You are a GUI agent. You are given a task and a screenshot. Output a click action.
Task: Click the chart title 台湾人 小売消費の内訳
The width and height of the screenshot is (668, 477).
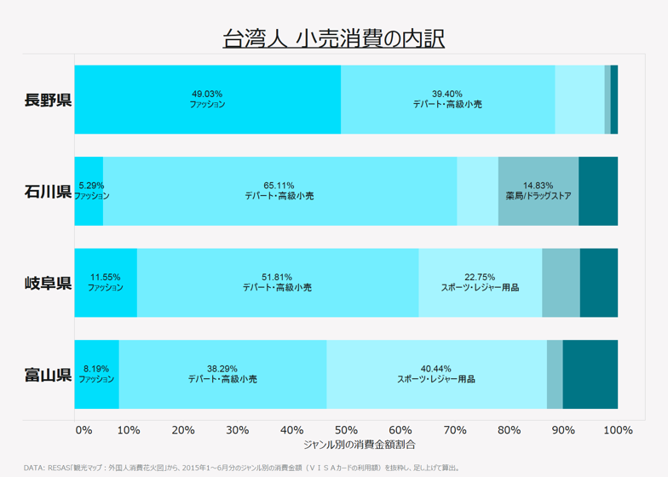[x=333, y=38]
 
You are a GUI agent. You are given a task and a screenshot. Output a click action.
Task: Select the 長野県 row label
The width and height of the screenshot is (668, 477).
[x=48, y=100]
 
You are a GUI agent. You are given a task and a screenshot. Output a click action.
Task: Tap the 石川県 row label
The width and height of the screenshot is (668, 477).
[x=48, y=191]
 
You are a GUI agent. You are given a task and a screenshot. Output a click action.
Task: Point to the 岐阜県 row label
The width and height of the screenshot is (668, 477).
[x=48, y=282]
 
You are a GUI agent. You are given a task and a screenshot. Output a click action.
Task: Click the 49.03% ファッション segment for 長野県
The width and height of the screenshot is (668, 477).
[x=208, y=100]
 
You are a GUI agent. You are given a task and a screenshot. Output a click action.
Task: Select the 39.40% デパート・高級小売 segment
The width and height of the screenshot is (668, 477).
[x=447, y=100]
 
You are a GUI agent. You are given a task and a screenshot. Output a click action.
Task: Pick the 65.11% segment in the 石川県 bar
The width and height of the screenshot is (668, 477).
[x=279, y=191]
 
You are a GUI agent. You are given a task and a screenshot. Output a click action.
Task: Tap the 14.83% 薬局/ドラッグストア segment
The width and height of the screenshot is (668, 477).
[x=538, y=191]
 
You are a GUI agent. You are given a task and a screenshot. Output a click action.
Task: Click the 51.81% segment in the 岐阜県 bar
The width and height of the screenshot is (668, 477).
[x=278, y=282]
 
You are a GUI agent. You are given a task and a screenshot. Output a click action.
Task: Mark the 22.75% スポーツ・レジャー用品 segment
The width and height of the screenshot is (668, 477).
[x=480, y=282]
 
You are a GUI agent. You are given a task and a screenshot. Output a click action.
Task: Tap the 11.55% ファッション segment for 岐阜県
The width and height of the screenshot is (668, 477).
[x=106, y=282]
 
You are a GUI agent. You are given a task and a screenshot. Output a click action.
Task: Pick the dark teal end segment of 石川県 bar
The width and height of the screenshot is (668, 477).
[x=598, y=191]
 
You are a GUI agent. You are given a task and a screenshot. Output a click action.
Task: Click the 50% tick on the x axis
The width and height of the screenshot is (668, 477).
[x=346, y=430]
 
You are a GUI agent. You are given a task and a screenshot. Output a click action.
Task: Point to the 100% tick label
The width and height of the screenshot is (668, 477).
[x=618, y=430]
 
